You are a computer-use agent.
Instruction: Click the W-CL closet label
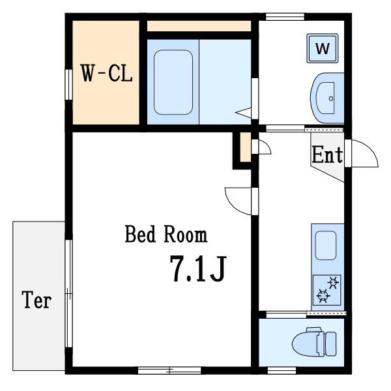106,73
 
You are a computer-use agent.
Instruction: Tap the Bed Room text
166,234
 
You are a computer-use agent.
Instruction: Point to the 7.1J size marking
198,268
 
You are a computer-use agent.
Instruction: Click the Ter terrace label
36,300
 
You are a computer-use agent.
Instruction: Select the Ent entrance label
327,154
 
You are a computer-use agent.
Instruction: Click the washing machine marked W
323,48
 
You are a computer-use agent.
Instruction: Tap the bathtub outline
173,82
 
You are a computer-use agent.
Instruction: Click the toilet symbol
314,342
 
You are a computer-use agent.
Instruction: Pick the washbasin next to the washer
327,98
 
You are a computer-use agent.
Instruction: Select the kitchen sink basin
326,246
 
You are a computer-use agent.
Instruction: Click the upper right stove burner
334,283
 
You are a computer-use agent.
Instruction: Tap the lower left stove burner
323,296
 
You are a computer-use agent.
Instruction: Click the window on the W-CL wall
68,85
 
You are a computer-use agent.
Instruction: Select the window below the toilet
282,371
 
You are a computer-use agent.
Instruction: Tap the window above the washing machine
285,17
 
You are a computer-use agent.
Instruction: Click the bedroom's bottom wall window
169,371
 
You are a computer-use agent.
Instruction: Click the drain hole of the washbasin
331,98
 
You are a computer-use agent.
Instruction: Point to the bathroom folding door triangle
243,113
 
